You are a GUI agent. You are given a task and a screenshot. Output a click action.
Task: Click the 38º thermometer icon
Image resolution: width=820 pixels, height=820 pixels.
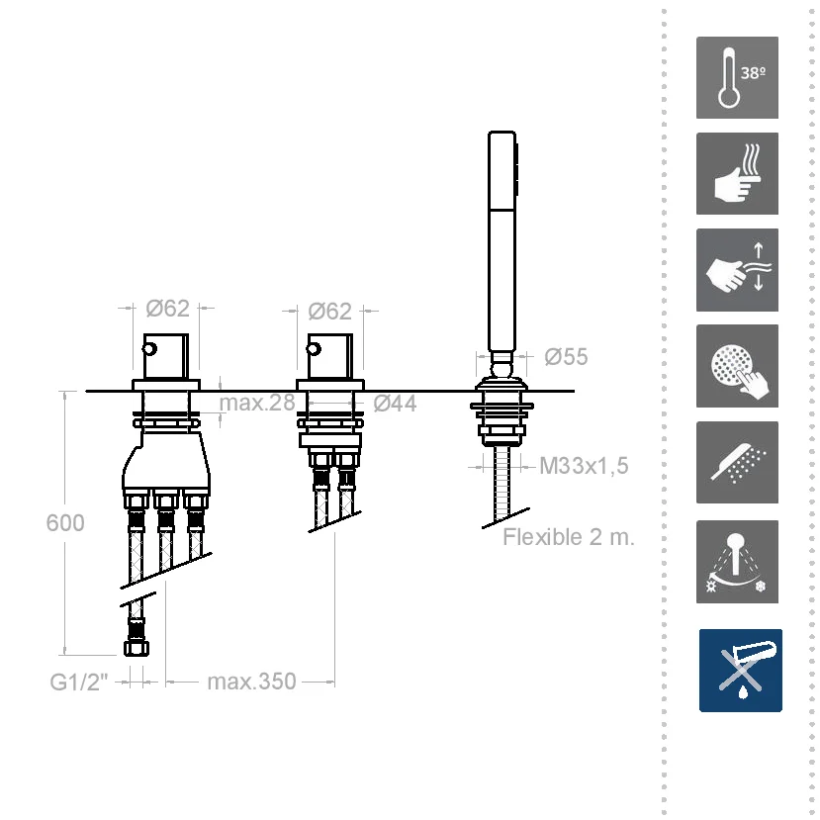point(737,77)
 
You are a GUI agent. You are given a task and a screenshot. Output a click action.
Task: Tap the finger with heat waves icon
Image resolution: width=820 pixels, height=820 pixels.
point(737,174)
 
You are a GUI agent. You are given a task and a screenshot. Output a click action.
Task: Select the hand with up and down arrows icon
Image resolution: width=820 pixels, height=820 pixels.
point(737,270)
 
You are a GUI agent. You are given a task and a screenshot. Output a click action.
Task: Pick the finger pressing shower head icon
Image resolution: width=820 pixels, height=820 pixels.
point(737,366)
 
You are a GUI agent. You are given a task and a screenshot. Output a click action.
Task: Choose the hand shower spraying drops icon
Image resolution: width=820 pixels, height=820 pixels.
point(737,462)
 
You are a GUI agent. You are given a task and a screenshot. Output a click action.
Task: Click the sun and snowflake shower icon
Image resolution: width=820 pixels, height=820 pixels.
point(737,562)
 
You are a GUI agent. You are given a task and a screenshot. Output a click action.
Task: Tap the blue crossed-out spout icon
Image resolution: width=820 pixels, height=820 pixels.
point(741,671)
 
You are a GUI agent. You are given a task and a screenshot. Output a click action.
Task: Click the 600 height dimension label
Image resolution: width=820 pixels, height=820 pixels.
point(65,523)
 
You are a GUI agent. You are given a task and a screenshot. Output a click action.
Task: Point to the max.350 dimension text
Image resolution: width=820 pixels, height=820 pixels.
point(251,682)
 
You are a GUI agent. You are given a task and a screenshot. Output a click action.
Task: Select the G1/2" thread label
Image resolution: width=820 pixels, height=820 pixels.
point(79,682)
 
